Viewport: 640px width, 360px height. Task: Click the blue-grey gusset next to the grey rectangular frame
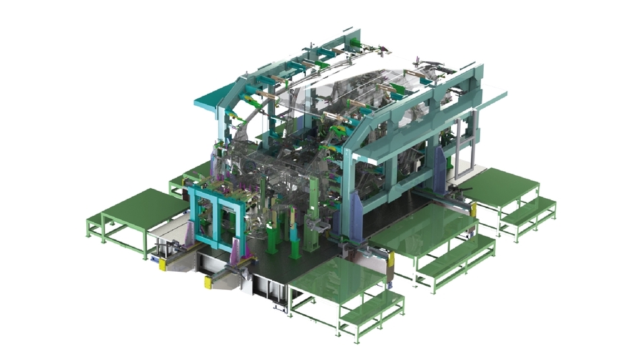tap(441, 165)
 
